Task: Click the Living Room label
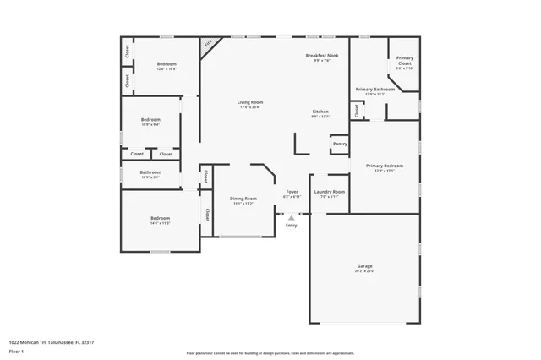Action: pos(249,102)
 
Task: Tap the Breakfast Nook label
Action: pos(321,55)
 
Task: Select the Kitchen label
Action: pos(320,112)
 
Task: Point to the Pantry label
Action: pos(340,144)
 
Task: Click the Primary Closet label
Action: pos(405,61)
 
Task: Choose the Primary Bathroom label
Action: pos(375,89)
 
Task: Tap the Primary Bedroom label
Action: pos(384,166)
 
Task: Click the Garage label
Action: pos(364,266)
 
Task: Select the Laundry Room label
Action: pos(330,192)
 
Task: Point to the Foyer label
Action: pos(292,192)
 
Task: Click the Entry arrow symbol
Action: pos(292,218)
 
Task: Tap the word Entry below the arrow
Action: pos(292,226)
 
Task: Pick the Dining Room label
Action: pos(243,199)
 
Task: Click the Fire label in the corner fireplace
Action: pos(208,43)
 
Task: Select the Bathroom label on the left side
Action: pos(150,172)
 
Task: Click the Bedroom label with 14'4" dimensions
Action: pos(160,218)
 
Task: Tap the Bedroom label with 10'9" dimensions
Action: pos(150,120)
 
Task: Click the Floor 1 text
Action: pos(16,350)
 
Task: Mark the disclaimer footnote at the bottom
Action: pos(270,353)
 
